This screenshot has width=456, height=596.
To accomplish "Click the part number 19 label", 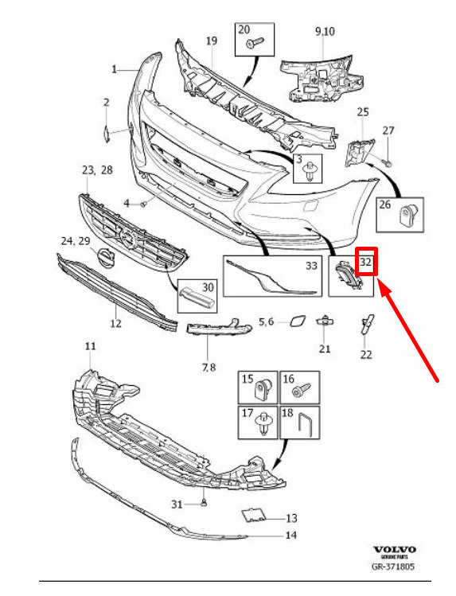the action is point(212,41).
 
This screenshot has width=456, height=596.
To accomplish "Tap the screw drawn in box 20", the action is point(254,42).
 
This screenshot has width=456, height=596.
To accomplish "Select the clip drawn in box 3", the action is point(312,169).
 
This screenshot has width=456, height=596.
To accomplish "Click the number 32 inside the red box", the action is point(365,262).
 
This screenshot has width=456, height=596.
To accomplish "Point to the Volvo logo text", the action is point(395,550).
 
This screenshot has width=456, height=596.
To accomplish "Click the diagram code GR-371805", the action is point(393,567).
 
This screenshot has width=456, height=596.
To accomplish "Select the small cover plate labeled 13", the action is point(253,514).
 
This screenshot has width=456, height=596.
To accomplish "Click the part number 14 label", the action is point(290,536).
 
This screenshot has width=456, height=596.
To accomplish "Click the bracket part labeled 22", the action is point(367,324).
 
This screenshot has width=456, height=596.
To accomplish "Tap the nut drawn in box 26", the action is point(409,215).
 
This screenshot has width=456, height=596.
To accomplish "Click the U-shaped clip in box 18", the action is point(305,423).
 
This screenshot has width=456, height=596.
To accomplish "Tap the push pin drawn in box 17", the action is point(263,423).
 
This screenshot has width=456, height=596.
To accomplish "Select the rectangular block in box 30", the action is point(197,296).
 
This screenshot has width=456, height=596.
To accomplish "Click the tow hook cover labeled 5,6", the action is point(295,321).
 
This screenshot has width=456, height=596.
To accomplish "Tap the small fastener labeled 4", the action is point(143,205).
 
